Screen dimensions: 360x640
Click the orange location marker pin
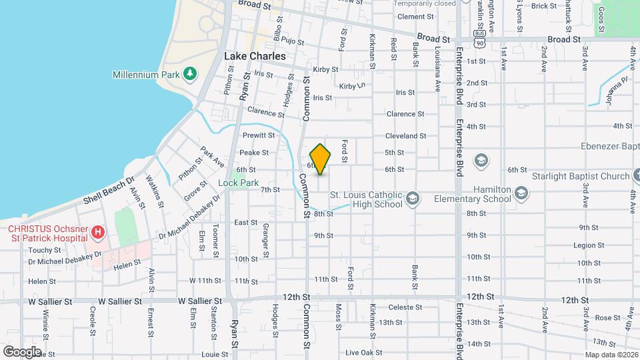click(x=321, y=159)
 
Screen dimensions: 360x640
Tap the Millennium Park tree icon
click(x=190, y=73)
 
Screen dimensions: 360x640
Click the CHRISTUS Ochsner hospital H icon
click(x=98, y=232)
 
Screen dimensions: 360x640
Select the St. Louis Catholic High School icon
click(x=413, y=199)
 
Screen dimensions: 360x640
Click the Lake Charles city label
click(x=255, y=57)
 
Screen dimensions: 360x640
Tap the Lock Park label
click(x=238, y=183)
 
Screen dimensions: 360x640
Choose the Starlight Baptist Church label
click(x=581, y=176)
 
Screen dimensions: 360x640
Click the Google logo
click(x=22, y=351)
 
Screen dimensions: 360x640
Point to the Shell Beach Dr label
click(x=109, y=191)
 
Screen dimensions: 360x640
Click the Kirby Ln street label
click(x=353, y=86)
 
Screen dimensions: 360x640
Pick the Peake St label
click(x=253, y=152)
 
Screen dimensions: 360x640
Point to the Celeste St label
click(x=405, y=307)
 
